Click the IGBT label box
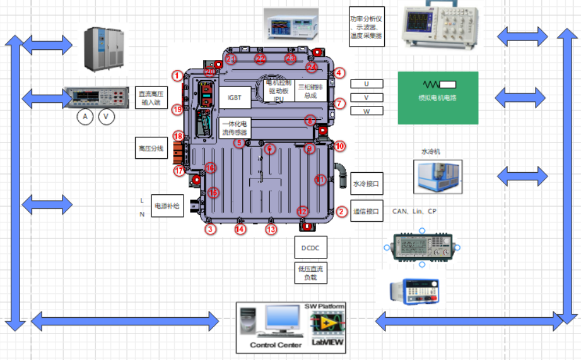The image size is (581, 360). click(235, 98)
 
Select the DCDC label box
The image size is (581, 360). click(310, 248)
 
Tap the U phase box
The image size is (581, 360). click(367, 84)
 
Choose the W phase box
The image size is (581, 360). click(367, 111)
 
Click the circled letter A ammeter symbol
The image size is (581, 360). click(85, 117)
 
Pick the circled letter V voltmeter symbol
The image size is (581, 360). click(106, 117)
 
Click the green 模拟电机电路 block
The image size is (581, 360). click(438, 98)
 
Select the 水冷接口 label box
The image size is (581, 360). click(367, 184)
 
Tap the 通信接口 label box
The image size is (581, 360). click(367, 212)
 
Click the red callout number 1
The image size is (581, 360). click(177, 75)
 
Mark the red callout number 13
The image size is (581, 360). click(271, 230)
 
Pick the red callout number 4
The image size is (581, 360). click(339, 73)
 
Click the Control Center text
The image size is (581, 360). click(276, 345)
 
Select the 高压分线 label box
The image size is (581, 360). click(150, 149)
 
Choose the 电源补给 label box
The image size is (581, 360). click(167, 206)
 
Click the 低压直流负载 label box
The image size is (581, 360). click(310, 273)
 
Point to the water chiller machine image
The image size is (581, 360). click(438, 176)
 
